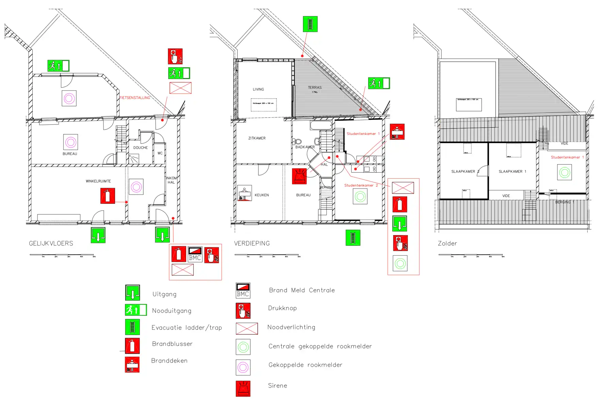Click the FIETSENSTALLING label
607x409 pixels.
(x=134, y=98)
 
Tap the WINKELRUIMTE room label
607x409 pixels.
(x=98, y=181)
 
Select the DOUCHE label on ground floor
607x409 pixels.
(x=140, y=148)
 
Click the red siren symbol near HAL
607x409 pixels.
(x=299, y=176)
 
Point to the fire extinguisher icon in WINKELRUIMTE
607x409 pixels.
(x=108, y=196)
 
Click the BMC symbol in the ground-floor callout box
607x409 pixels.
(x=195, y=255)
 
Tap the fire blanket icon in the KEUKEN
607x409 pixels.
(x=244, y=193)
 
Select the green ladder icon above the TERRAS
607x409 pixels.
(x=310, y=24)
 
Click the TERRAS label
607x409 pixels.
(x=315, y=88)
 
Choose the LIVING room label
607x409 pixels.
(x=258, y=89)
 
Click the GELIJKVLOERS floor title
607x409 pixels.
(x=51, y=243)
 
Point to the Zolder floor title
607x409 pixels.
(x=447, y=243)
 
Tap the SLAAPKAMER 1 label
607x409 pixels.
(x=512, y=171)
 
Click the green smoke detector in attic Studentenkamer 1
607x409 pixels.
(x=564, y=172)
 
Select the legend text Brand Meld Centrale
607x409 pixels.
(x=302, y=290)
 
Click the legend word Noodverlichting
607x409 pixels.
(x=291, y=327)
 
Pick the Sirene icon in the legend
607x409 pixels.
(x=243, y=389)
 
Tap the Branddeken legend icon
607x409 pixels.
(x=132, y=365)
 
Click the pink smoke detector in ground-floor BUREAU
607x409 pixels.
(x=70, y=142)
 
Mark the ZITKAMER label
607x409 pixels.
(x=257, y=138)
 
